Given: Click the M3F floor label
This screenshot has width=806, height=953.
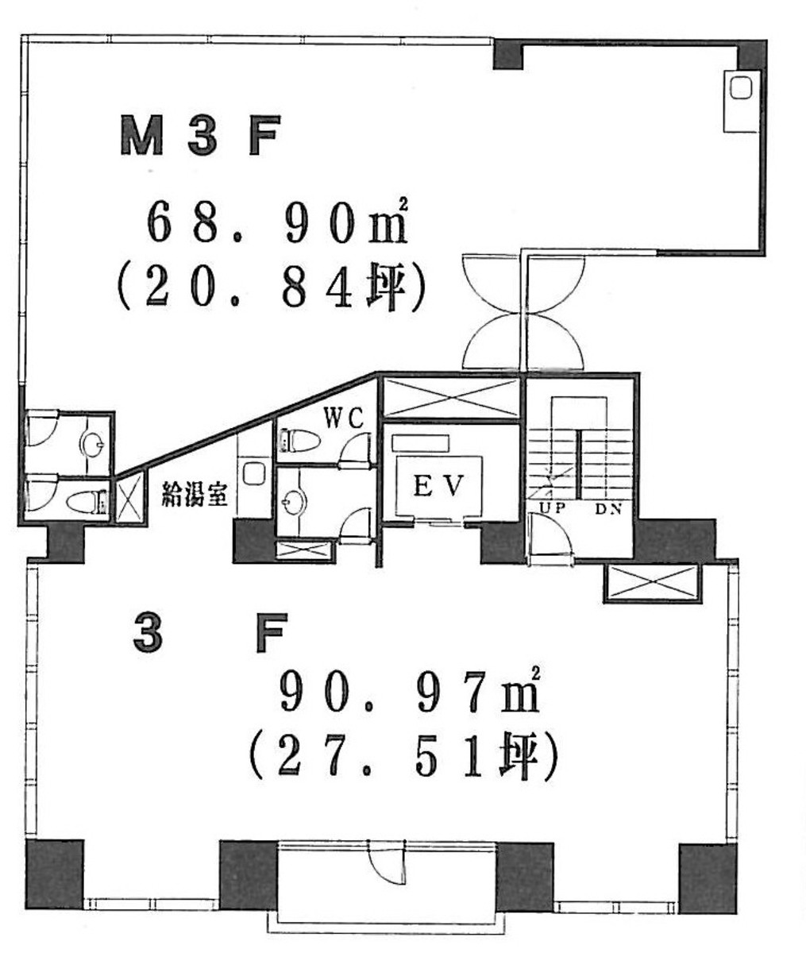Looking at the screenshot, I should pyautogui.click(x=199, y=137).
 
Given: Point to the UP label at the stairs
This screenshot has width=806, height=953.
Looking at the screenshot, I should pyautogui.click(x=553, y=507).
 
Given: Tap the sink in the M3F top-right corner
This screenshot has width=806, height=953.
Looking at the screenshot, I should pyautogui.click(x=741, y=90).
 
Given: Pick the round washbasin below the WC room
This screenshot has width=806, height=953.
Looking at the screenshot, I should pyautogui.click(x=291, y=500).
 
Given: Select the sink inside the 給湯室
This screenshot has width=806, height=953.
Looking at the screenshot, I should pyautogui.click(x=254, y=474).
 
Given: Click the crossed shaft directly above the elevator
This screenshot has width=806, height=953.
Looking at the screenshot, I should pyautogui.click(x=450, y=397).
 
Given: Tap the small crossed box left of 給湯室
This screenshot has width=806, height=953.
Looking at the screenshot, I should pyautogui.click(x=129, y=498).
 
